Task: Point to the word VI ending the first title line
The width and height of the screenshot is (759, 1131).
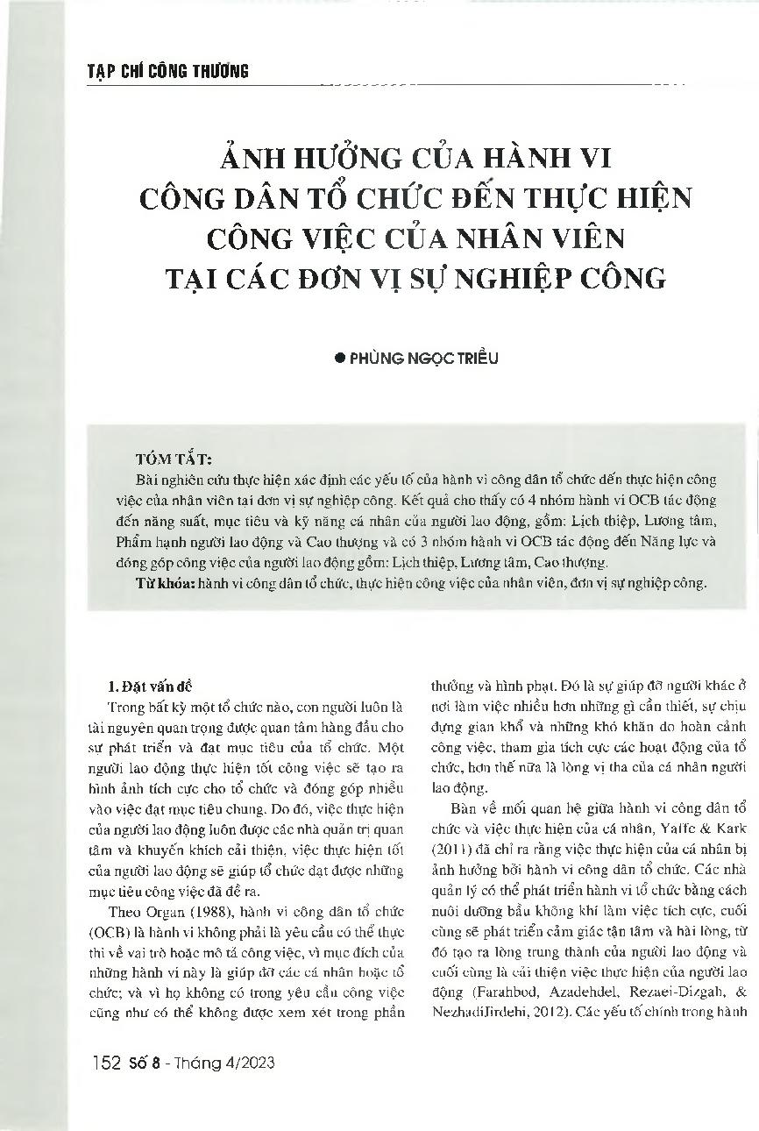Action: (x=599, y=160)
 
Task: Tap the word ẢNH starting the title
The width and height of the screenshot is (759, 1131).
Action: (x=248, y=160)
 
